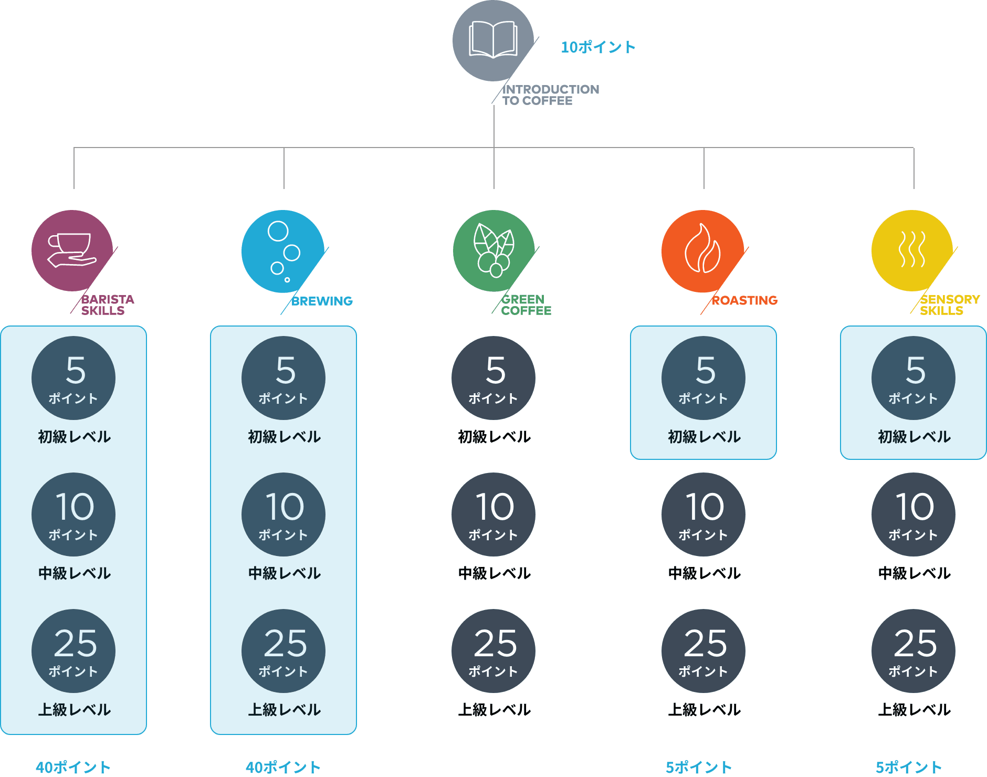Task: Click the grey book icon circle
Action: click(492, 40)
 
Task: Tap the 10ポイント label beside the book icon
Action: click(598, 47)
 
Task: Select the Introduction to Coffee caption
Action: click(550, 95)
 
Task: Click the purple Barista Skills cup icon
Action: click(72, 250)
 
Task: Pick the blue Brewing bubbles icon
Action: click(282, 251)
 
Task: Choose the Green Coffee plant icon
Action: click(493, 250)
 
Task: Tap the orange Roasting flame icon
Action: click(702, 251)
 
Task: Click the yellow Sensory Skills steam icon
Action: click(912, 250)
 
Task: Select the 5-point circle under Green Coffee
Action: click(493, 378)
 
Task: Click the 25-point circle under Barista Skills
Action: click(73, 651)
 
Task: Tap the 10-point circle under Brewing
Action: click(283, 514)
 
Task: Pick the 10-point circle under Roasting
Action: click(703, 514)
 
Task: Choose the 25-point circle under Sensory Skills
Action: click(913, 651)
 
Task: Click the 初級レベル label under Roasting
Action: click(704, 437)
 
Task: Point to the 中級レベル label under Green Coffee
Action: click(494, 573)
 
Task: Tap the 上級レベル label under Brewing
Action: click(284, 710)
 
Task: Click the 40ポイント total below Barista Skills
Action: click(73, 767)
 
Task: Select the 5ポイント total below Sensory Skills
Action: click(908, 767)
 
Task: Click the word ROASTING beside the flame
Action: click(744, 300)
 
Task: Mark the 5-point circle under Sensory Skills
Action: click(913, 378)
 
